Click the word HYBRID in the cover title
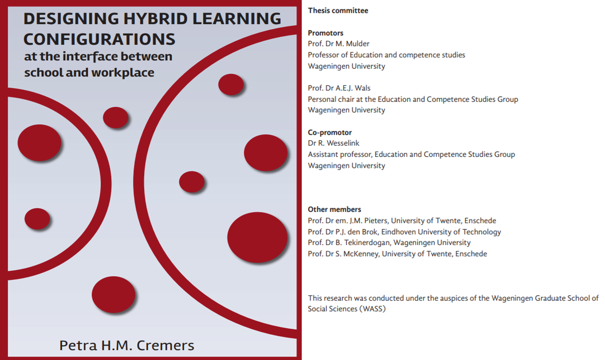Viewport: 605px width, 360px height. click(155, 19)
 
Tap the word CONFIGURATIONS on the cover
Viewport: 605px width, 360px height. click(99, 39)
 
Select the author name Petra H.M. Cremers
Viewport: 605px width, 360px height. click(127, 346)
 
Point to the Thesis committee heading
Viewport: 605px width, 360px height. click(338, 11)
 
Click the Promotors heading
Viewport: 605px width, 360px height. click(326, 33)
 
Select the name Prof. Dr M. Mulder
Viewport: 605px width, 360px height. click(339, 44)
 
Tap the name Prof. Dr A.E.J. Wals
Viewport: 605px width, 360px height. click(339, 88)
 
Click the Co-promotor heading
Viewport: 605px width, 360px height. click(329, 132)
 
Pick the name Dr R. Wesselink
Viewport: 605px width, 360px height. click(334, 143)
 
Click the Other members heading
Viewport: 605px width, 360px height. click(334, 209)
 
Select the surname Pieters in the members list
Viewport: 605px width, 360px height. click(376, 221)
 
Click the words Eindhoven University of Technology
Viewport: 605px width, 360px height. click(441, 232)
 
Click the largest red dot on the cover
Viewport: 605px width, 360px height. click(257, 237)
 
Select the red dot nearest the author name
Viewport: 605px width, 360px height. click(113, 295)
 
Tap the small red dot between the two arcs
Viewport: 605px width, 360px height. click(116, 117)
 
